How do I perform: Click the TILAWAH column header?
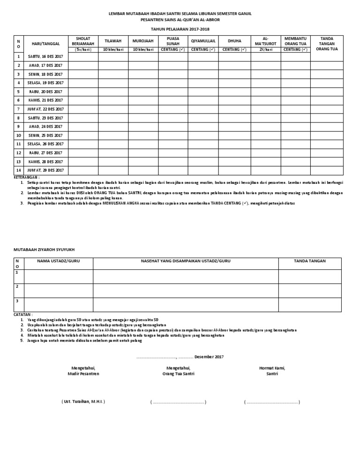(113, 41)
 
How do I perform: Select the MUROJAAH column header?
(143, 41)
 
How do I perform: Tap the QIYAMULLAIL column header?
(203, 41)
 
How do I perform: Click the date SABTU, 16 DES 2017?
(45, 57)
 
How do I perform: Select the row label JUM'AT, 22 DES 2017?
(45, 109)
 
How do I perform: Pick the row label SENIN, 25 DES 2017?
(45, 135)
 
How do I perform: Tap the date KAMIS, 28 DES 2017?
(45, 161)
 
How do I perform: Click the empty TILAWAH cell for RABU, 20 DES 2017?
(113, 91)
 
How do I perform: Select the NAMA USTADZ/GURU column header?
(59, 260)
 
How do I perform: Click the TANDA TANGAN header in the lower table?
(309, 260)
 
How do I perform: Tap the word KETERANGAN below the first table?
(27, 178)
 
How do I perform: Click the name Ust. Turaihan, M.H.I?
(83, 402)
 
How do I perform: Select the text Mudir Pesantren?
(83, 374)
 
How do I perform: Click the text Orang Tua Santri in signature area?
(178, 374)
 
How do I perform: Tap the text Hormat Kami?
(272, 368)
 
